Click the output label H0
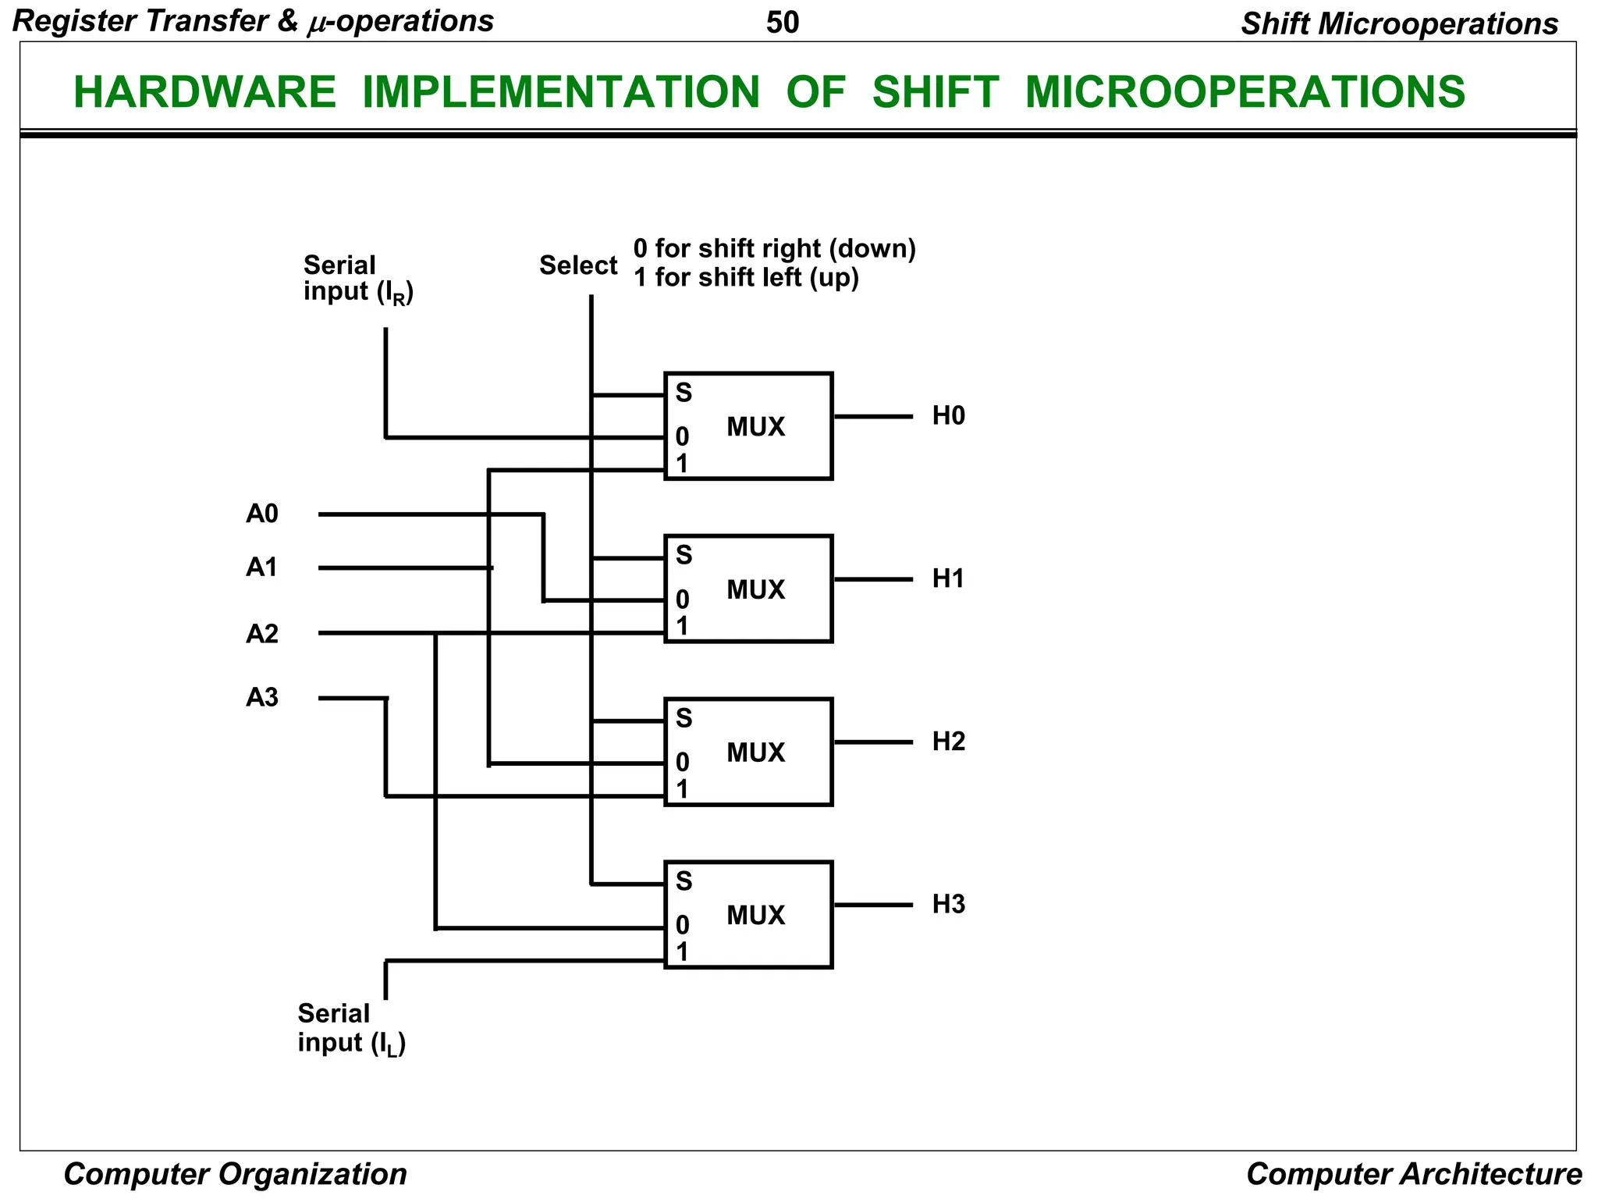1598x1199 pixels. (948, 416)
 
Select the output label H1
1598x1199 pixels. (948, 578)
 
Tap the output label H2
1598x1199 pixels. (948, 742)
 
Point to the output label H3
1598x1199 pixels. (948, 905)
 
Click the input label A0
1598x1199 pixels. (262, 514)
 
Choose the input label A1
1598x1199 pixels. (262, 567)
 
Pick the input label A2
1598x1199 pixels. (262, 634)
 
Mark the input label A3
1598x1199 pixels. (262, 697)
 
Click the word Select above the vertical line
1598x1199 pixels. (578, 265)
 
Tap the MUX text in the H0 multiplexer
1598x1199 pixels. (755, 427)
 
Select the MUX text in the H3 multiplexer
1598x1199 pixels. (755, 915)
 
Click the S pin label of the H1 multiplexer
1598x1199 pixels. (684, 555)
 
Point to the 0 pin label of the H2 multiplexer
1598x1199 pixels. (683, 762)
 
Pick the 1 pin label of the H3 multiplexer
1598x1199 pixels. (683, 952)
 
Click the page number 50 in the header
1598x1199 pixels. (783, 23)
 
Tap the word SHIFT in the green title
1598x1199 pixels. (935, 91)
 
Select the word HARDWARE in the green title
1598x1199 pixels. (204, 91)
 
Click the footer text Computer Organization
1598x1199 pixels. (235, 1174)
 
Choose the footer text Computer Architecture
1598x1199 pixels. (1414, 1174)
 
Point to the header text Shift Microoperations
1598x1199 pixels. (1400, 24)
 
